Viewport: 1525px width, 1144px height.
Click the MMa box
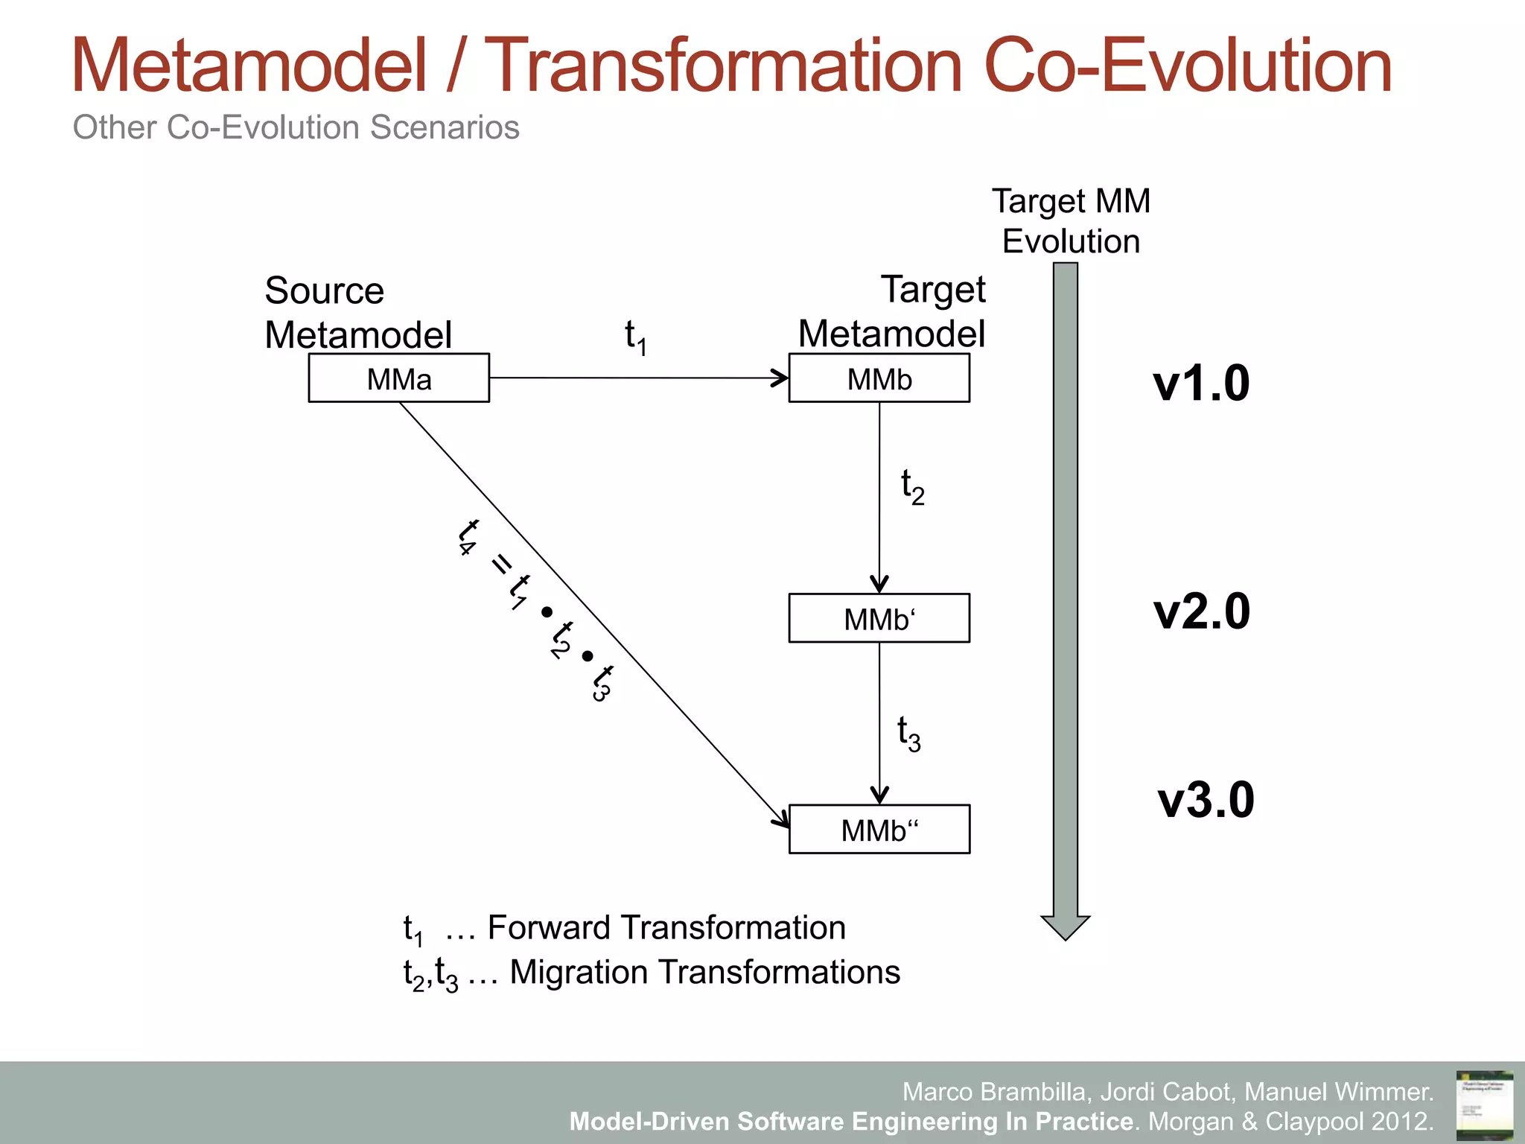point(399,378)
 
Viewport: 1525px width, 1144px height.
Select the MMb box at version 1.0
point(879,378)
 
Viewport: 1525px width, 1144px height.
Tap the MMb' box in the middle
point(879,618)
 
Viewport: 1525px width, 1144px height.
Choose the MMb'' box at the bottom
point(879,829)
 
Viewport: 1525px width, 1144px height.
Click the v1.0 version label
point(1201,384)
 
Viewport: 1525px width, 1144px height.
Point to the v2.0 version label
point(1201,611)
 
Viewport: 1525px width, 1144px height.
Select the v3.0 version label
point(1206,800)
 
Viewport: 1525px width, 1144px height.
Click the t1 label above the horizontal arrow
point(635,337)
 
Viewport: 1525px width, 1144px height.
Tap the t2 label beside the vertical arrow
point(912,487)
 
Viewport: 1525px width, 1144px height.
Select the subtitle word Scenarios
point(445,127)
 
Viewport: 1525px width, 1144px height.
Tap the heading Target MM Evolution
point(1071,221)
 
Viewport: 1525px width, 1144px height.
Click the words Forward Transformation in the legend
point(666,928)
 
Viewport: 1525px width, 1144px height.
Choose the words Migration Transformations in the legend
point(704,973)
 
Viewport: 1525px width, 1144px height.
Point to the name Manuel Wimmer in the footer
point(1338,1092)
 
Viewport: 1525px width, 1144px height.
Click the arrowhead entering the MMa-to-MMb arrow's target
point(782,378)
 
